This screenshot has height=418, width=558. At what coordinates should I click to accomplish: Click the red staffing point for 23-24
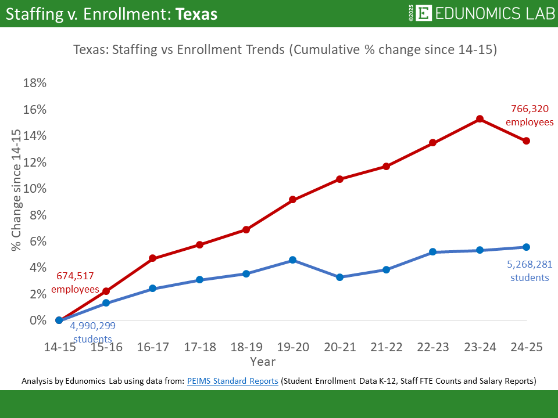pos(480,119)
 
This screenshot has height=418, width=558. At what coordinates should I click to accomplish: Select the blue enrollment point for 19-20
pos(293,260)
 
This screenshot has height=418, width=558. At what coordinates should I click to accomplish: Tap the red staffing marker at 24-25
pos(526,141)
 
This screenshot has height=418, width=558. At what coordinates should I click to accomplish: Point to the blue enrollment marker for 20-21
pos(339,278)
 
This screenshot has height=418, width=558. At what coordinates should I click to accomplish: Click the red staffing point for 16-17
pos(153,258)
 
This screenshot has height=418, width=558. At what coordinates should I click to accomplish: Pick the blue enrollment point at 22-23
pos(433,252)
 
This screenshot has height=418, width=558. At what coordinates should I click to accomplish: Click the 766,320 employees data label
pos(530,115)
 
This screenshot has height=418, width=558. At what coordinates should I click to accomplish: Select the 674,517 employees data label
pos(75,282)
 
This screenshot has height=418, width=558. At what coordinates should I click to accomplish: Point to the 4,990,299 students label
pos(91,333)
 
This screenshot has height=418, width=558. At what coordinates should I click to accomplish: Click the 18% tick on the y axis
pos(34,83)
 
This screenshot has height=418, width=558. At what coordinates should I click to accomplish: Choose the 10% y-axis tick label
pos(34,189)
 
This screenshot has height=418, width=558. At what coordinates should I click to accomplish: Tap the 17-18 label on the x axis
pos(199,347)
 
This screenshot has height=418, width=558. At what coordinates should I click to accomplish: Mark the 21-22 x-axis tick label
pos(386,347)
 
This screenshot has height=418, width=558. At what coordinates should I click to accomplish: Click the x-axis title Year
pos(263,362)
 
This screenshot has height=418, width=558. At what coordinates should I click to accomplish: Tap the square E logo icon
pos(424,13)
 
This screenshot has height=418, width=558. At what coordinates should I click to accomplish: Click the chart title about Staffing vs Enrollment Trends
pos(285,49)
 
